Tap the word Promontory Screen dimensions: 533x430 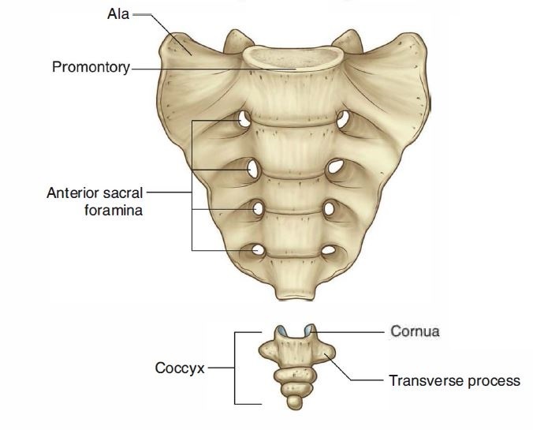pyautogui.click(x=91, y=67)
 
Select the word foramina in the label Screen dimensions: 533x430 pyautogui.click(x=112, y=211)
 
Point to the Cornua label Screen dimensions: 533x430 pyautogui.click(x=415, y=331)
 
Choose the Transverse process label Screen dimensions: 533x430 pyautogui.click(x=454, y=380)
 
